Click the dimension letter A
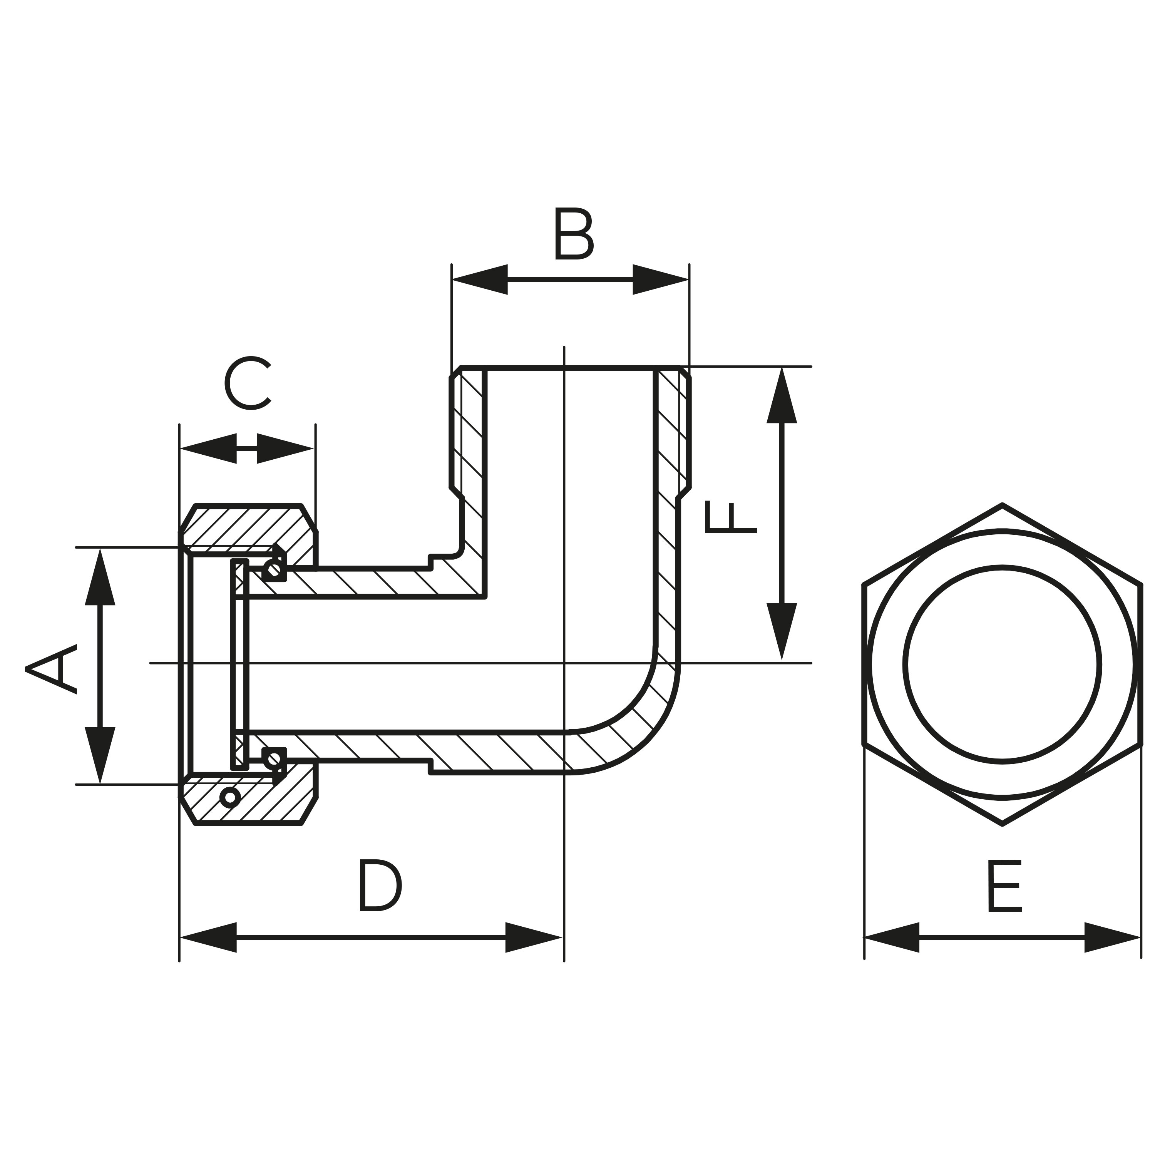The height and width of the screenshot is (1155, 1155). tap(52, 669)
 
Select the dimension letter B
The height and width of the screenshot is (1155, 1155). tap(574, 234)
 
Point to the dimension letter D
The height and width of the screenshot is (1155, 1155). tap(381, 894)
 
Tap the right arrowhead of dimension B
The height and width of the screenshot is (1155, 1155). tap(661, 279)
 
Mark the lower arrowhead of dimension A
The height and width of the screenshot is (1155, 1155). tap(100, 755)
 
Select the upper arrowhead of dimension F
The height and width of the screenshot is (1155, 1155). tap(782, 396)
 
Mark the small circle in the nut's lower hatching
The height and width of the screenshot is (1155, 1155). tap(230, 797)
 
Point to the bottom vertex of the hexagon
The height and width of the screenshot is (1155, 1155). tap(1002, 825)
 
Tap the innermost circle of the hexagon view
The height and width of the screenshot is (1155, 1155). tap(1002, 567)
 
